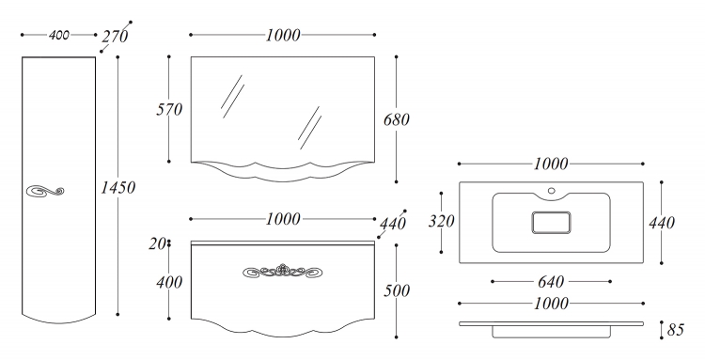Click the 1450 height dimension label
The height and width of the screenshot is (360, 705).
117,187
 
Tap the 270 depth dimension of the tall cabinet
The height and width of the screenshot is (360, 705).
115,36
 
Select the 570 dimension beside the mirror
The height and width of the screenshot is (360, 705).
169,109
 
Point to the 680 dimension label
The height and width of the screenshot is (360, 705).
397,119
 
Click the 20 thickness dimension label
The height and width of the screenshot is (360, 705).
157,243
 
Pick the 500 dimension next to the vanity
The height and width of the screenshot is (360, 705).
397,290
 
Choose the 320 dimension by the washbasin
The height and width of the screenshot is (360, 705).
441,221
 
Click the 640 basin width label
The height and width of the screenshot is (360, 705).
551,282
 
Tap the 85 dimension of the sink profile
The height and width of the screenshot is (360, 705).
675,330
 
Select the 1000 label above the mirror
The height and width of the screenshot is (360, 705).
283,35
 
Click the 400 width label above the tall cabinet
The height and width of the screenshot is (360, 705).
59,35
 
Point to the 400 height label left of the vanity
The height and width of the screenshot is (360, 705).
169,282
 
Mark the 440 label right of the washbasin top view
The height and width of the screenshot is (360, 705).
662,223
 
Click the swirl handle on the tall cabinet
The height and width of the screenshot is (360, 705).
45,191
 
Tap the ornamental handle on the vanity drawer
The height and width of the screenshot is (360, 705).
283,271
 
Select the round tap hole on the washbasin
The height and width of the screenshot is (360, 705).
551,190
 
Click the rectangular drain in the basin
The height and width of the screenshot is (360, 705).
551,223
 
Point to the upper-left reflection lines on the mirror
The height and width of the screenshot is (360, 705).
233,97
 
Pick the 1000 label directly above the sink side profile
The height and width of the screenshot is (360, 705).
551,304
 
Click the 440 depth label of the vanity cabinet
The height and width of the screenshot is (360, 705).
393,224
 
